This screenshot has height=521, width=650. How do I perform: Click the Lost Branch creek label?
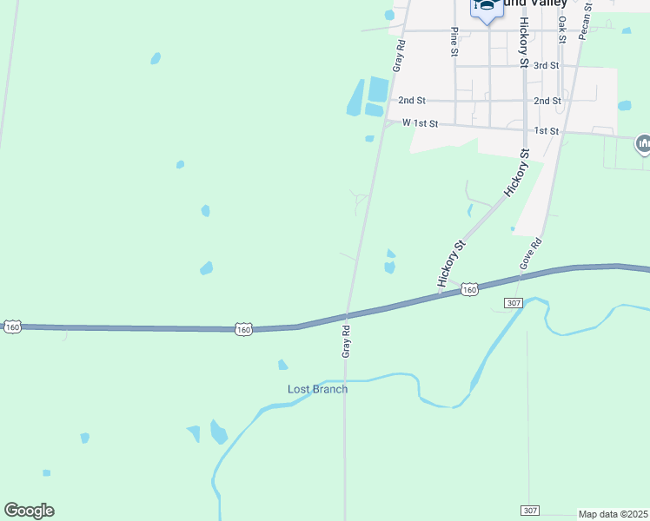pyautogui.click(x=317, y=389)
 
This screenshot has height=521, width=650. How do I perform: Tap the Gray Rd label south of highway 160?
pyautogui.click(x=346, y=341)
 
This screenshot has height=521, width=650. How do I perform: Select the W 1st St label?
pyautogui.click(x=421, y=124)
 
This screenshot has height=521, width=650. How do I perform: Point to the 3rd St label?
pyautogui.click(x=546, y=66)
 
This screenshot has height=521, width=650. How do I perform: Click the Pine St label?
pyautogui.click(x=454, y=42)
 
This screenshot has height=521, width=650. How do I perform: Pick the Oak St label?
pyautogui.click(x=562, y=29)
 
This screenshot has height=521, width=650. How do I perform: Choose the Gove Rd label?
pyautogui.click(x=531, y=253)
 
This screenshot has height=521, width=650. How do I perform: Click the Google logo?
pyautogui.click(x=29, y=511)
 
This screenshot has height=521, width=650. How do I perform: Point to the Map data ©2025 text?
pyautogui.click(x=614, y=514)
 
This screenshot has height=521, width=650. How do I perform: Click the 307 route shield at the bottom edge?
pyautogui.click(x=531, y=510)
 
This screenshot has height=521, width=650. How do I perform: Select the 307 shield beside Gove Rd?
pyautogui.click(x=513, y=302)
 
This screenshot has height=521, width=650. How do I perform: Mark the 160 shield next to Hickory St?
pyautogui.click(x=469, y=288)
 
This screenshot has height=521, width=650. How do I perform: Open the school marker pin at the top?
pyautogui.click(x=487, y=8)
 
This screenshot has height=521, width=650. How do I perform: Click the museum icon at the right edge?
pyautogui.click(x=643, y=143)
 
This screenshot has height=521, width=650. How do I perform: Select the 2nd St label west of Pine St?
pyautogui.click(x=412, y=101)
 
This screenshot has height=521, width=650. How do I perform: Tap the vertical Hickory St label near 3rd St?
pyautogui.click(x=524, y=43)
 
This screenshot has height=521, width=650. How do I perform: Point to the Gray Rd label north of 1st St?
pyautogui.click(x=399, y=56)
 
